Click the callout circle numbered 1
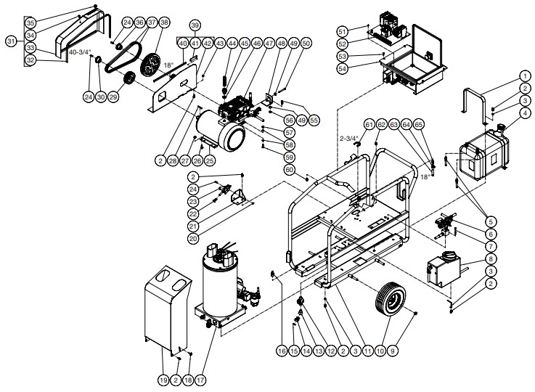(524, 76)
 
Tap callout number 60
(289, 169)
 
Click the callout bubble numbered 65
(439, 126)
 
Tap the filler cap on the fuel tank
(499, 131)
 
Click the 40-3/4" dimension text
(81, 52)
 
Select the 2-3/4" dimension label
(350, 135)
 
